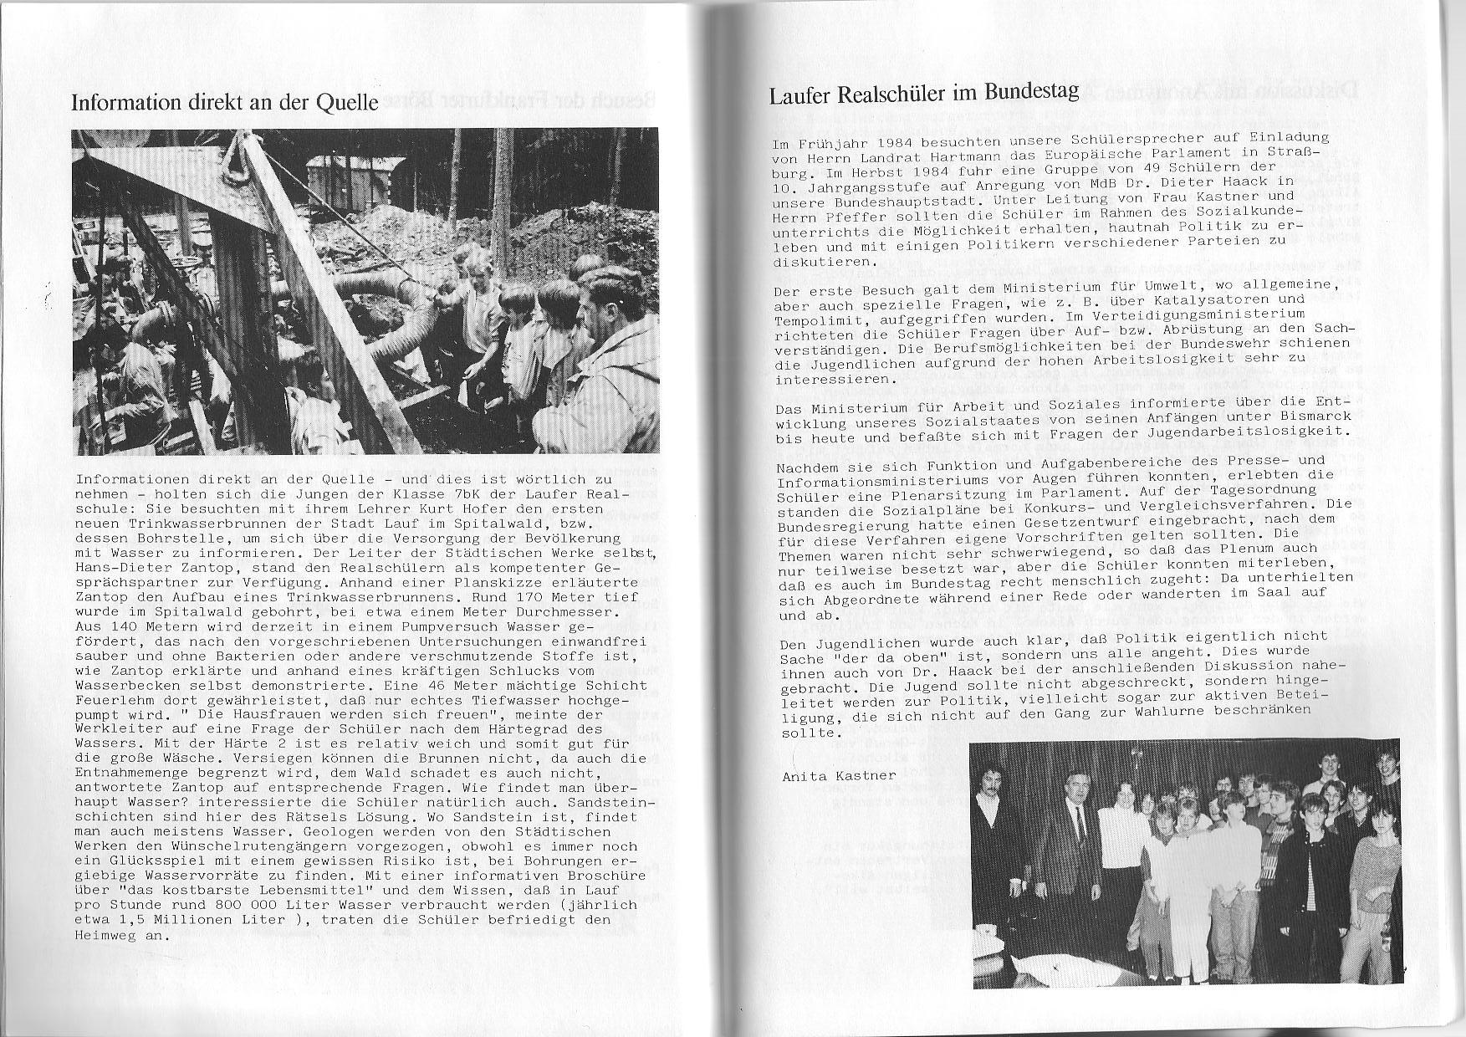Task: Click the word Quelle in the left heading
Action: click(345, 102)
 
